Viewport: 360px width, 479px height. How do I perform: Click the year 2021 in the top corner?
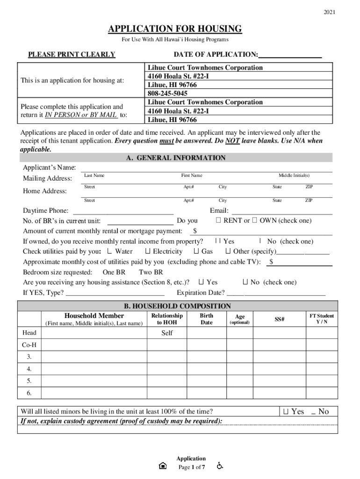pos(329,12)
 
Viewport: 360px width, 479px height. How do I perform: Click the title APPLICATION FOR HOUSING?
pos(175,29)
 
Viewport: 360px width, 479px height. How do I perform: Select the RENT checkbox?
pos(218,220)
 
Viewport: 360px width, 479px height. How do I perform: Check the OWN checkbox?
pos(254,220)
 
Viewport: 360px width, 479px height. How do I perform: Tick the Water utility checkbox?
pos(109,252)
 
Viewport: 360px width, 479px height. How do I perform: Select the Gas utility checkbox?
pos(196,252)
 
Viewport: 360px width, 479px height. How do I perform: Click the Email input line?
pos(281,211)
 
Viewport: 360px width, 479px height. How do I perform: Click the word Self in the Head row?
pos(167,333)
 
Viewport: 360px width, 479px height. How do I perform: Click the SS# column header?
pos(280,319)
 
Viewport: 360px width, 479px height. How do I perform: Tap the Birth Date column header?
pos(206,319)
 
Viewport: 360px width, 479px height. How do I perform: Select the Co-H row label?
pos(29,345)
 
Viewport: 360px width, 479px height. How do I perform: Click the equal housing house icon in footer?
pos(162,466)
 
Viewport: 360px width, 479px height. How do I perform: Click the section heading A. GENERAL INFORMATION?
pos(175,158)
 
